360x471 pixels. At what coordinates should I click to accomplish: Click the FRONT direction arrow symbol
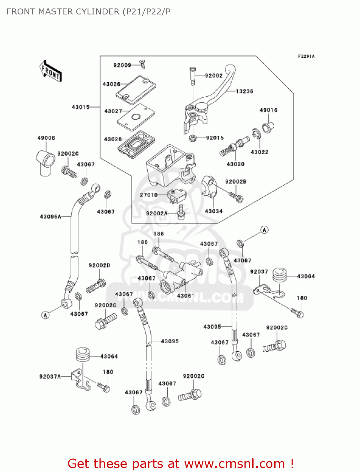51,71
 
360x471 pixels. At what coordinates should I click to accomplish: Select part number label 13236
244,91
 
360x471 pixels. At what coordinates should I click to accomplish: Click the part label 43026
111,84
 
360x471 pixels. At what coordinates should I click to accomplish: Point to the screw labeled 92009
142,64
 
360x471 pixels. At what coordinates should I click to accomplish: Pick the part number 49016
268,110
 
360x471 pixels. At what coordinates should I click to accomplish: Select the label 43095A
51,217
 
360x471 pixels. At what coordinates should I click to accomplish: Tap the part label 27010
149,195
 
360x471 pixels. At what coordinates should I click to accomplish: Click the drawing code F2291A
306,57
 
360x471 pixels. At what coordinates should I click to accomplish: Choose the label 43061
185,296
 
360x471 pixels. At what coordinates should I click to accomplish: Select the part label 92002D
99,265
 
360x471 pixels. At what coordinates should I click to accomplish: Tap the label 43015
81,107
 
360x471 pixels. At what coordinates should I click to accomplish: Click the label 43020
235,164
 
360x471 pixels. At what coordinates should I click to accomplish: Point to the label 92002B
236,182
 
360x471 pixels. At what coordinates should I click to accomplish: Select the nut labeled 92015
193,138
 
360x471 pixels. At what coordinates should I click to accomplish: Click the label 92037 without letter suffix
259,272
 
